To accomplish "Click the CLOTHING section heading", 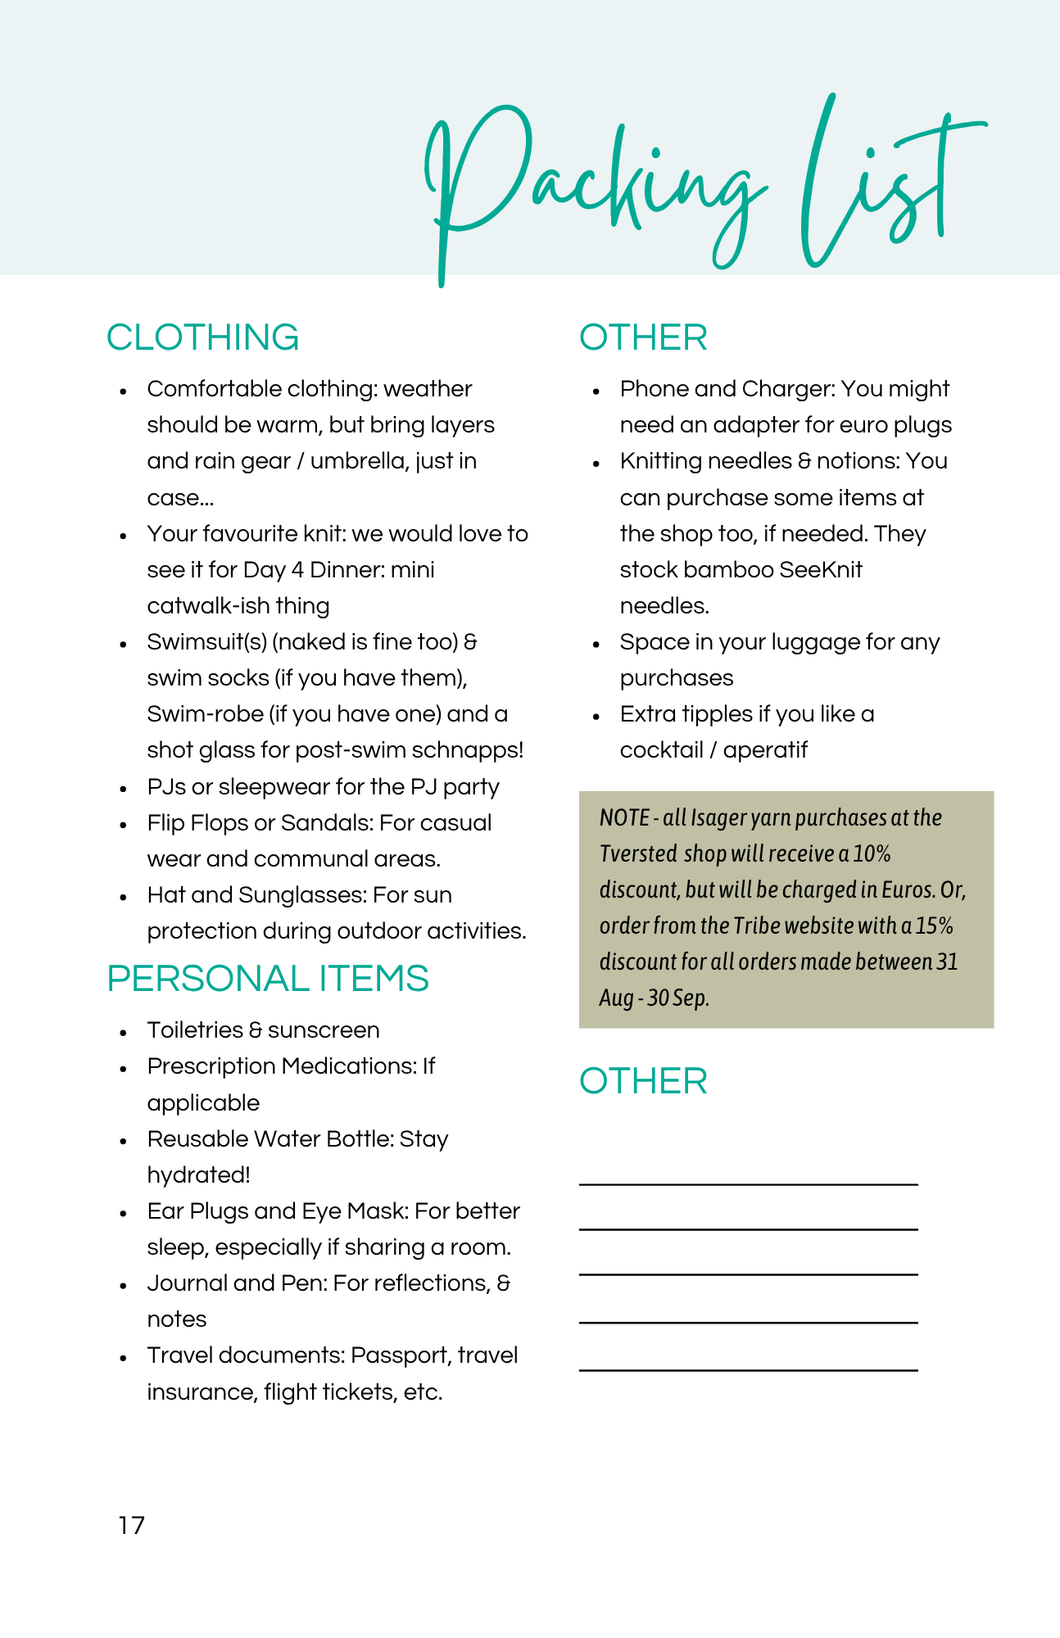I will tap(202, 337).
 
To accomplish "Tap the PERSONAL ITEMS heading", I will tap(267, 979).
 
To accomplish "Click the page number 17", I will tap(131, 1526).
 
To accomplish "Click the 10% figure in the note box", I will tap(872, 853).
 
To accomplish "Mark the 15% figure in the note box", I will tap(935, 925).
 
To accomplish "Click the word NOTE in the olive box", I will tap(624, 817).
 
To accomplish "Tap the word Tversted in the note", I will tap(638, 853).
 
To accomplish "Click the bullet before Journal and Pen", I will tap(123, 1285).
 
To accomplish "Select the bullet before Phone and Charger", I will tap(596, 391).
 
